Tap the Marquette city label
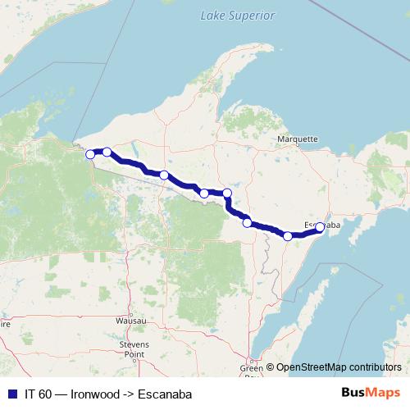(x=297, y=139)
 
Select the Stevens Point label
(x=134, y=350)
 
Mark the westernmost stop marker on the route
(x=90, y=153)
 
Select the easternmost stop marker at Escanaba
(x=320, y=228)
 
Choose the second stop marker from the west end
(x=107, y=152)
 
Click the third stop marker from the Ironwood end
(x=164, y=175)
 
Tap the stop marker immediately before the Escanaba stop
(x=288, y=236)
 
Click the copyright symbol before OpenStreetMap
(x=270, y=368)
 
